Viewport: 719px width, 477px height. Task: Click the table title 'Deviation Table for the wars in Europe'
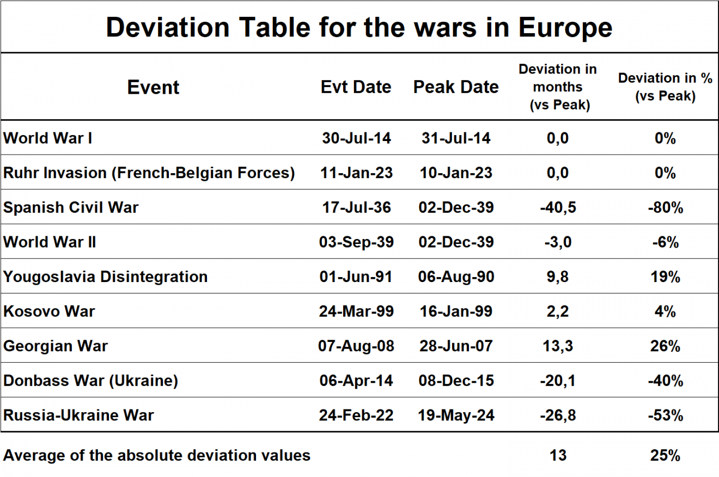point(359,27)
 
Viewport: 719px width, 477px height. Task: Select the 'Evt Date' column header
point(356,87)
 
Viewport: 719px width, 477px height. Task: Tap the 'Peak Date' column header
point(456,87)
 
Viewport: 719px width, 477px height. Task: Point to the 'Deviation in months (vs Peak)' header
point(557,87)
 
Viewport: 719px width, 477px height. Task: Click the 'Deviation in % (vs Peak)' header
point(665,87)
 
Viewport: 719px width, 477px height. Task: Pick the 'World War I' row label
point(48,138)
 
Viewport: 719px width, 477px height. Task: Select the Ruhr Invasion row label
point(149,173)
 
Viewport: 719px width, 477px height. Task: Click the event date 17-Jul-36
point(356,207)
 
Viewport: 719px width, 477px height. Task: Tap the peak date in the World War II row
point(456,242)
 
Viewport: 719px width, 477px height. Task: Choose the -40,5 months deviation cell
point(557,207)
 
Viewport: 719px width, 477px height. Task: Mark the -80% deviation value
point(665,207)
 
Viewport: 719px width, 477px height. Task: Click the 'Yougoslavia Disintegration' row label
point(105,277)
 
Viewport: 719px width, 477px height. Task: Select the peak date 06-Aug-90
point(456,277)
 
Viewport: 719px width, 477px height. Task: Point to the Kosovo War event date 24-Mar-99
point(356,311)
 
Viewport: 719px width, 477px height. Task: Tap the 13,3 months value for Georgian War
point(557,346)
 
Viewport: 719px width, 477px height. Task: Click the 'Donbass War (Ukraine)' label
point(90,381)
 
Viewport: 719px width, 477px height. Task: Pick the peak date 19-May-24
point(456,415)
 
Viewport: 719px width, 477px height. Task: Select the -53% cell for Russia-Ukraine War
point(665,415)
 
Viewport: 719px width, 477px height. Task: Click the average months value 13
point(558,455)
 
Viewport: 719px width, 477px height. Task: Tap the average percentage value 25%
point(665,455)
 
